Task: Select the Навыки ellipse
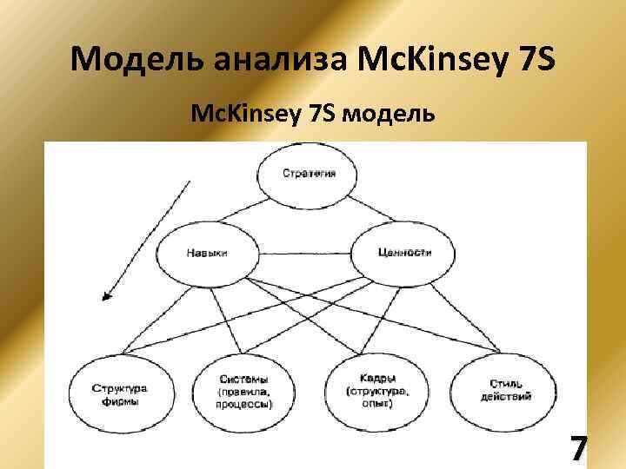tap(207, 254)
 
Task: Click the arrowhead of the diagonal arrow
tap(106, 296)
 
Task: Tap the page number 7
tap(578, 450)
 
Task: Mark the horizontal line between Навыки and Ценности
tap(305, 254)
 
